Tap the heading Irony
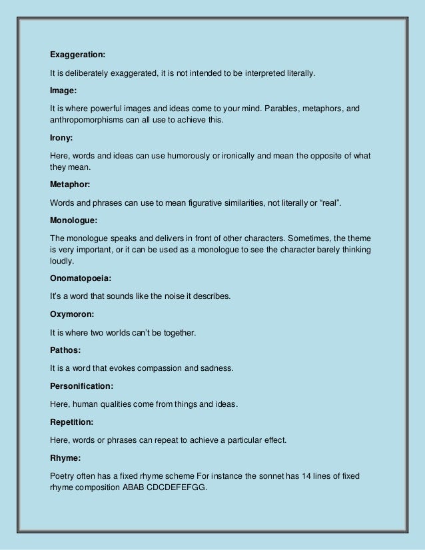click(61, 138)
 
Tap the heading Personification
click(81, 386)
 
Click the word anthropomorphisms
click(93, 121)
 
